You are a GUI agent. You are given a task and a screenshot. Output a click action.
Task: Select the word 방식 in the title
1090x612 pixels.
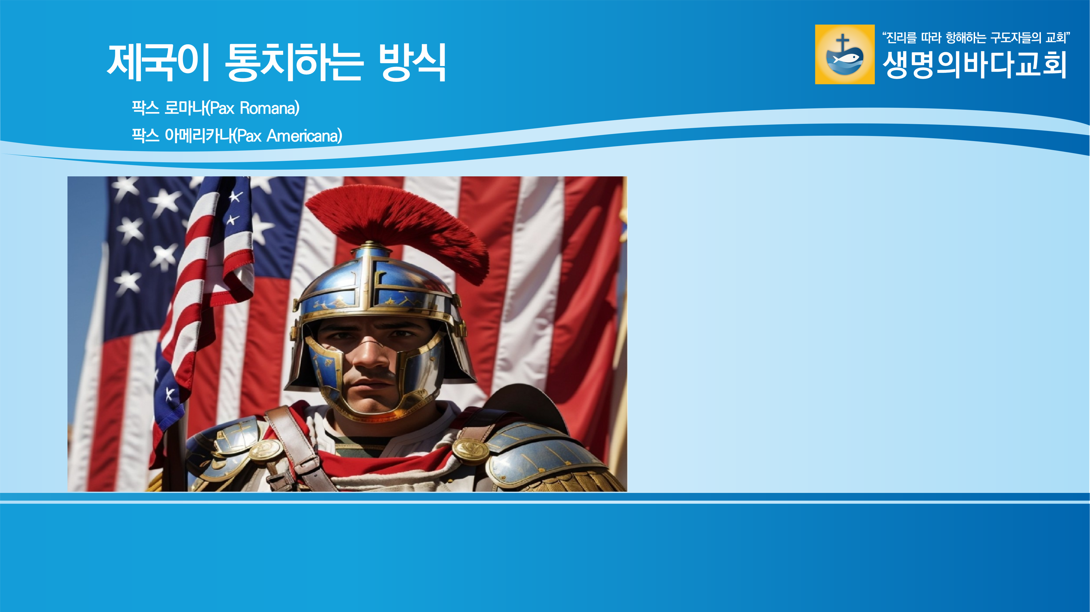click(x=412, y=63)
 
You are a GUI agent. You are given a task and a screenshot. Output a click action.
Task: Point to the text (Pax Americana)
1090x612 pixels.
click(x=287, y=136)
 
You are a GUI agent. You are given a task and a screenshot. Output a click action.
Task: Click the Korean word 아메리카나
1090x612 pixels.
click(x=198, y=136)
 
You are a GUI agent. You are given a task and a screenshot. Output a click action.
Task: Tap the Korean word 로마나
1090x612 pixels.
click(x=185, y=108)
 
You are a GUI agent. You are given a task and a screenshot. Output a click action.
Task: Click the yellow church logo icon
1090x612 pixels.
click(x=845, y=54)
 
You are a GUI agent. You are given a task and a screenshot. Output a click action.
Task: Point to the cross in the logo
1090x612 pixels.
click(x=842, y=42)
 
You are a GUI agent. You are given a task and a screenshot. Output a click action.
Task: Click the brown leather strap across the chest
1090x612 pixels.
click(x=296, y=448)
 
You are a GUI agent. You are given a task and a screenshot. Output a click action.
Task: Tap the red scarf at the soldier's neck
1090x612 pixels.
click(x=381, y=463)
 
